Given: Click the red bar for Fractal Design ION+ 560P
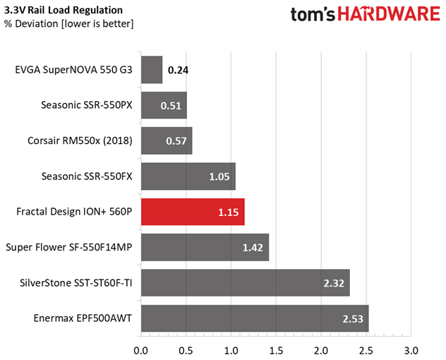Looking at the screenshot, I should tap(193, 212).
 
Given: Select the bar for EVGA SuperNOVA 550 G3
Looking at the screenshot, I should tap(152, 70).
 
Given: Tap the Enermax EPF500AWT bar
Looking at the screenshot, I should tap(255, 318).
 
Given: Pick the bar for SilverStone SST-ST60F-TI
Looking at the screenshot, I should tap(246, 282).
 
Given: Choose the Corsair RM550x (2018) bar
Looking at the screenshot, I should tap(167, 140).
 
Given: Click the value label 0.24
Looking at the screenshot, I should tap(179, 71).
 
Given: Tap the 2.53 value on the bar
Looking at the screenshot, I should tap(354, 318).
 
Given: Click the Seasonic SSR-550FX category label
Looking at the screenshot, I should tap(88, 176).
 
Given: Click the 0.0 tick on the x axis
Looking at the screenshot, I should tap(141, 349).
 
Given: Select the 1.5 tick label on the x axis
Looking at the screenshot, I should tap(277, 349).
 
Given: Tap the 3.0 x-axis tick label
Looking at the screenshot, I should tap(411, 349).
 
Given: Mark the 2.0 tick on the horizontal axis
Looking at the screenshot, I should tap(322, 349).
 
